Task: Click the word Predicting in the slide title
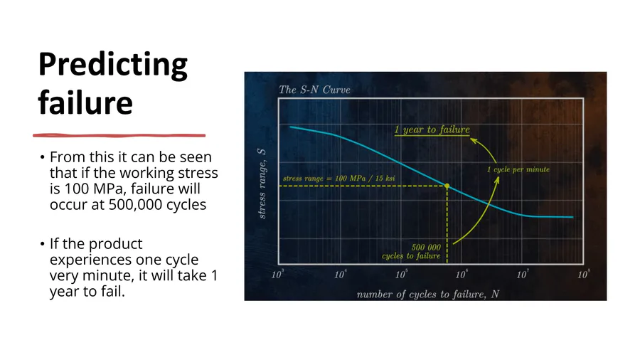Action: [x=113, y=65]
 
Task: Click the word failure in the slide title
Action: [x=85, y=102]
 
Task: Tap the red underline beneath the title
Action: [x=119, y=135]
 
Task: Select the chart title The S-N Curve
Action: [x=314, y=90]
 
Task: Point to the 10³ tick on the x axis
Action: [x=277, y=274]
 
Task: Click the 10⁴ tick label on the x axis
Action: [x=341, y=274]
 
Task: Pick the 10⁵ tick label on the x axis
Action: [x=401, y=274]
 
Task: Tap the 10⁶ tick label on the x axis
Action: [x=462, y=274]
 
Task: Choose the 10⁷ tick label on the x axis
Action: [x=523, y=274]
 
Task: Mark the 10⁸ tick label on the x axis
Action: [x=584, y=274]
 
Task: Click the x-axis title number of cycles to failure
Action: [x=428, y=295]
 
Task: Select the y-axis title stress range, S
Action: [x=262, y=184]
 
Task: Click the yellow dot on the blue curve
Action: [x=447, y=186]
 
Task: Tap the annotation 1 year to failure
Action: [x=432, y=129]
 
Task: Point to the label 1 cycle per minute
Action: [x=518, y=169]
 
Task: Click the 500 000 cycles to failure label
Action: [x=412, y=251]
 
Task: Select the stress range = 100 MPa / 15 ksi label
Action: [x=338, y=179]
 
